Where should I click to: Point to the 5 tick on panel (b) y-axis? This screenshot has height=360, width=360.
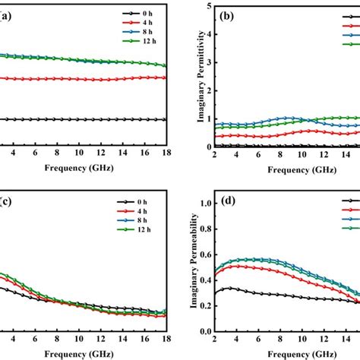(207, 5)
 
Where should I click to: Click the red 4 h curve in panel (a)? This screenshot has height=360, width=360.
(76, 78)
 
